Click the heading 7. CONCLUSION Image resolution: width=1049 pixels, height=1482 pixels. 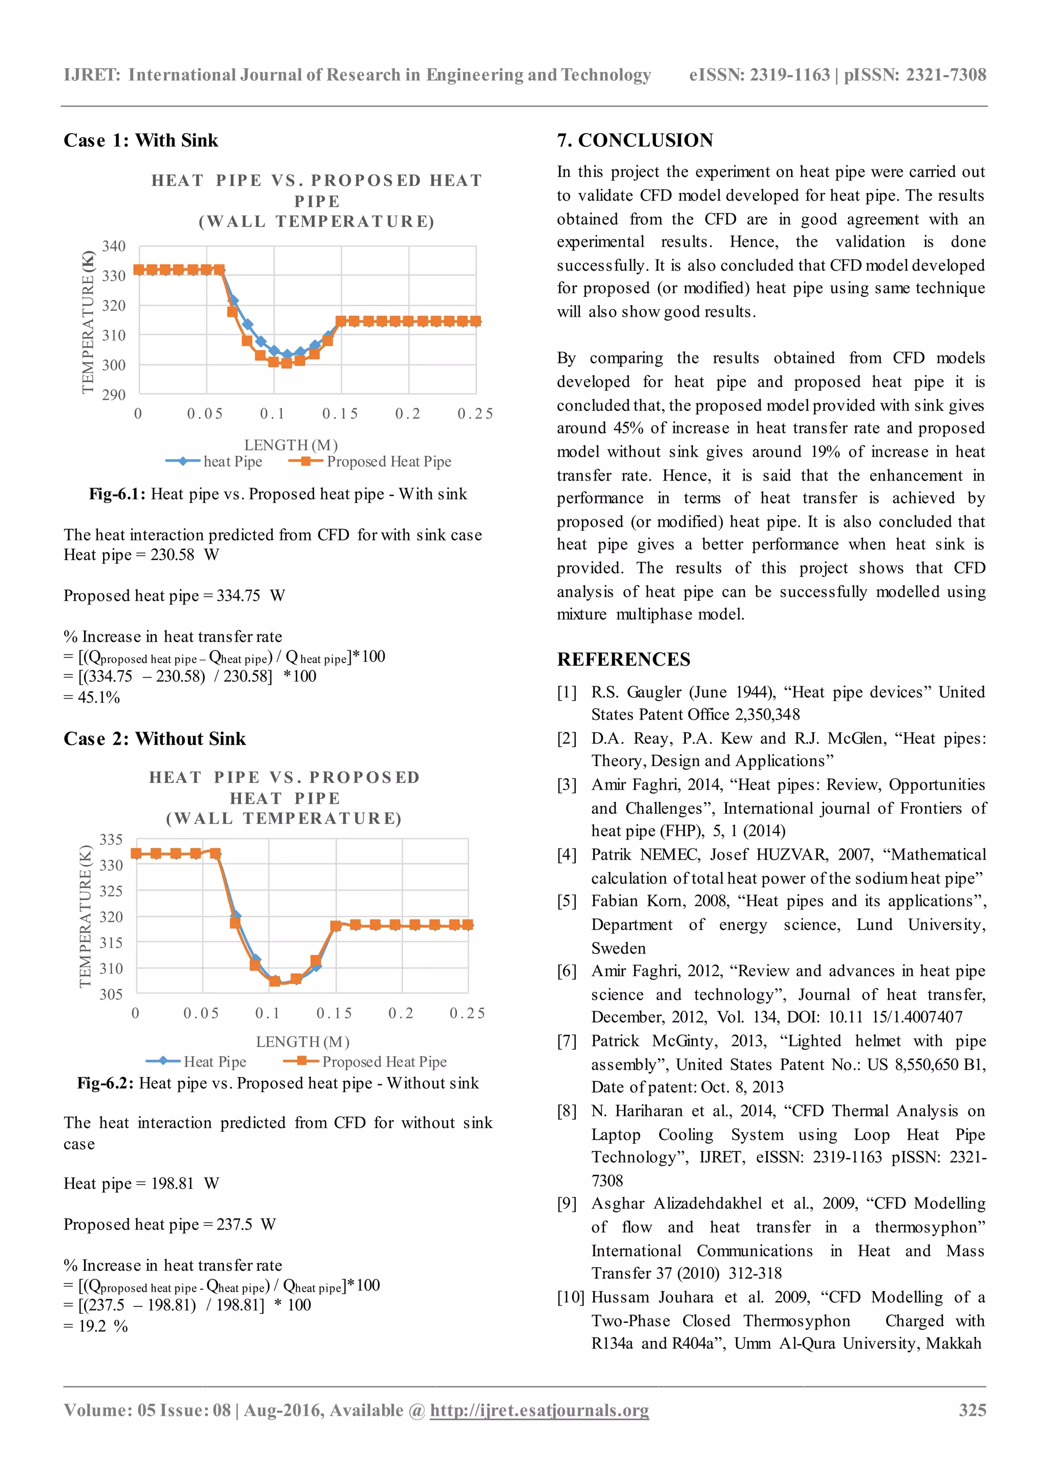click(x=635, y=140)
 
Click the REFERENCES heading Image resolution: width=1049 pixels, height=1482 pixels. click(x=623, y=659)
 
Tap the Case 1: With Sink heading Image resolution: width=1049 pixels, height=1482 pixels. click(x=141, y=140)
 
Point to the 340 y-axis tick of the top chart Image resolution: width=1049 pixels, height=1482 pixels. click(x=114, y=246)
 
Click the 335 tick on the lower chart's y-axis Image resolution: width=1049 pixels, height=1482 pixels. click(x=111, y=839)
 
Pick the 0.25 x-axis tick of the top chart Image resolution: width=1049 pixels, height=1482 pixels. click(x=475, y=414)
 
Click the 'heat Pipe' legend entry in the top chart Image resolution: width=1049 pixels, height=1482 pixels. click(x=233, y=462)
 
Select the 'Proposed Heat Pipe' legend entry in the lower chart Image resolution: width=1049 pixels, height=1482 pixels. click(x=384, y=1062)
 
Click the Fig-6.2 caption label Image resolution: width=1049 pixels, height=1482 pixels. click(x=104, y=1083)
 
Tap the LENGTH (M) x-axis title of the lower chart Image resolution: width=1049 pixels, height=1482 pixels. click(x=302, y=1042)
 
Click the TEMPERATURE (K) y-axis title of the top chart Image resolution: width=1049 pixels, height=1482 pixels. click(x=88, y=322)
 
